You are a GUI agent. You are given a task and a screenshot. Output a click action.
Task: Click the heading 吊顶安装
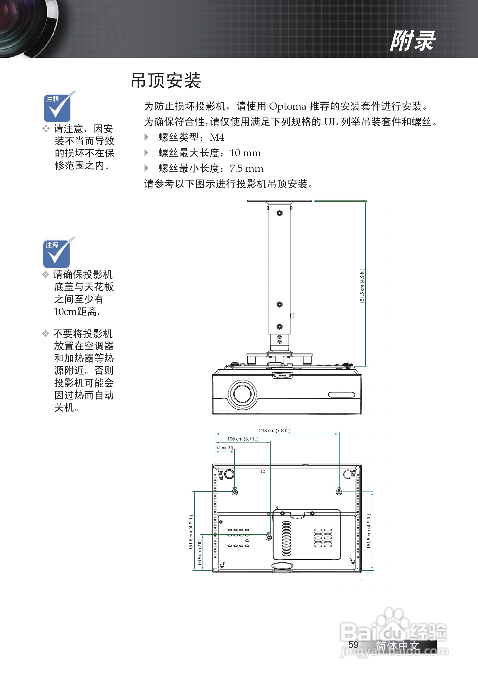tap(166, 80)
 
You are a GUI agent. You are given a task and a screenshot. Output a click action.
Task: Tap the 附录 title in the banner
tap(412, 41)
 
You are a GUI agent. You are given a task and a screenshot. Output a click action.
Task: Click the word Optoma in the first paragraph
tap(287, 106)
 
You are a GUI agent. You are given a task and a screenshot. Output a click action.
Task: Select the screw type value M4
tap(216, 137)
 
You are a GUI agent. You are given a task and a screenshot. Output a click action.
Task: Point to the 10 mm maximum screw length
tap(245, 153)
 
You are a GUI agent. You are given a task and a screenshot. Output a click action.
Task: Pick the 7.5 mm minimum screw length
tap(246, 168)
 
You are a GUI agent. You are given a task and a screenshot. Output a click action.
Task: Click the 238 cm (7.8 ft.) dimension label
tap(274, 431)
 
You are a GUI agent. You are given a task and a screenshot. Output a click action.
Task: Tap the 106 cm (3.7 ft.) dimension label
tap(242, 439)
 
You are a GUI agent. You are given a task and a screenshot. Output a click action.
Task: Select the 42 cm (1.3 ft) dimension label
tap(225, 448)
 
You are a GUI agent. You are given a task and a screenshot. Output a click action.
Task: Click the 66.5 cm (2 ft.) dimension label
tap(200, 552)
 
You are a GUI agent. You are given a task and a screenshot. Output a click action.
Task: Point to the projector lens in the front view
tap(242, 394)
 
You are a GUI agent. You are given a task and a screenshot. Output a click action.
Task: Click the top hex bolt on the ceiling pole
tap(279, 213)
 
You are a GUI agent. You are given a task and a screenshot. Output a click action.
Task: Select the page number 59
tap(353, 644)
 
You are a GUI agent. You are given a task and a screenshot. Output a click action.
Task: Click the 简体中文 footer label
tap(398, 646)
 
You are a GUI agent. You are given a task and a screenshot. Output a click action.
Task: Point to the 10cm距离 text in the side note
tap(77, 312)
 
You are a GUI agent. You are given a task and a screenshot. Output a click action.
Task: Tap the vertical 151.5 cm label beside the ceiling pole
tap(362, 286)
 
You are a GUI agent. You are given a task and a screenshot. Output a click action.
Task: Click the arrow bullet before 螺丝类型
tap(146, 137)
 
